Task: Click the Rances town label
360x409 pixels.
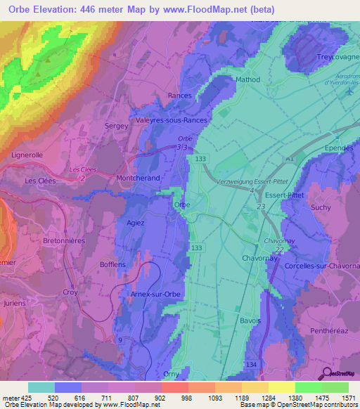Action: pos(180,95)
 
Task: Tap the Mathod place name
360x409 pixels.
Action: pos(247,80)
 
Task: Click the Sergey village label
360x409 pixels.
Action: pos(117,126)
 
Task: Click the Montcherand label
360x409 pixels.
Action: pos(139,179)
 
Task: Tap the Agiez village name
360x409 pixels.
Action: pos(135,223)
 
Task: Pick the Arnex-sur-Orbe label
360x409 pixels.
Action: pos(157,294)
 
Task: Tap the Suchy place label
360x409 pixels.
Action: pos(320,208)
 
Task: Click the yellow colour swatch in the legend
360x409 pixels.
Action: pos(281,387)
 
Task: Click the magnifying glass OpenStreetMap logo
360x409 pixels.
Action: pos(326,375)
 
